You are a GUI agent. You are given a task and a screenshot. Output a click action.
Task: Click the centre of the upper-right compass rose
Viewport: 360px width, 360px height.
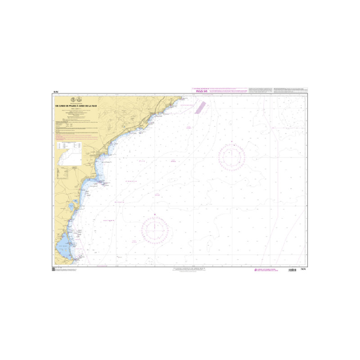232,156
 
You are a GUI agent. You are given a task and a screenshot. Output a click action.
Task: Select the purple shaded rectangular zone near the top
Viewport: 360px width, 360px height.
200,109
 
